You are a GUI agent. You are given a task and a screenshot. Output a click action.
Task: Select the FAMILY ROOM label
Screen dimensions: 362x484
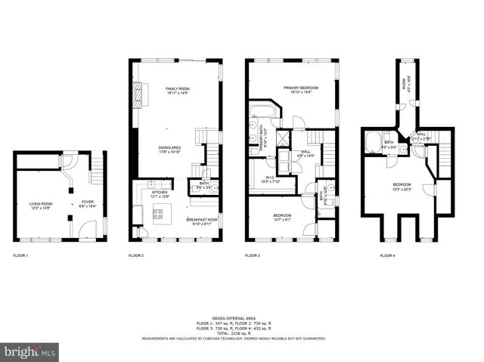[x=177, y=90]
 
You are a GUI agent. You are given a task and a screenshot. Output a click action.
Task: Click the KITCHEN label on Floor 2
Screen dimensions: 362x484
[x=160, y=193]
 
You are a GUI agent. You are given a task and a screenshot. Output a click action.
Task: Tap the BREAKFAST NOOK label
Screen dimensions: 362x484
[x=201, y=220]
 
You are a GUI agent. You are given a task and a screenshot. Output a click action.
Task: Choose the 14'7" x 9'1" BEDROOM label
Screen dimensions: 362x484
[x=282, y=216]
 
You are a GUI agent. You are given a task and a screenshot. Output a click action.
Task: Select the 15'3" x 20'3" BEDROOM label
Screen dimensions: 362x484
[x=401, y=186]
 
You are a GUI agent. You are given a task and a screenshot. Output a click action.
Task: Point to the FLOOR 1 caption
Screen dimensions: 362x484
[x=20, y=256]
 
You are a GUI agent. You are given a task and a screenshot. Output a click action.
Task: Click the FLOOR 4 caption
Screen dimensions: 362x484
[x=388, y=256]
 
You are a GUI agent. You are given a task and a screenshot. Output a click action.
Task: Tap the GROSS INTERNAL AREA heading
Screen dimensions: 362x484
[x=234, y=318]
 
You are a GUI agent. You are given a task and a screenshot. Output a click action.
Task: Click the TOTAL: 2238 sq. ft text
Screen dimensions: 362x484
[x=234, y=333]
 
